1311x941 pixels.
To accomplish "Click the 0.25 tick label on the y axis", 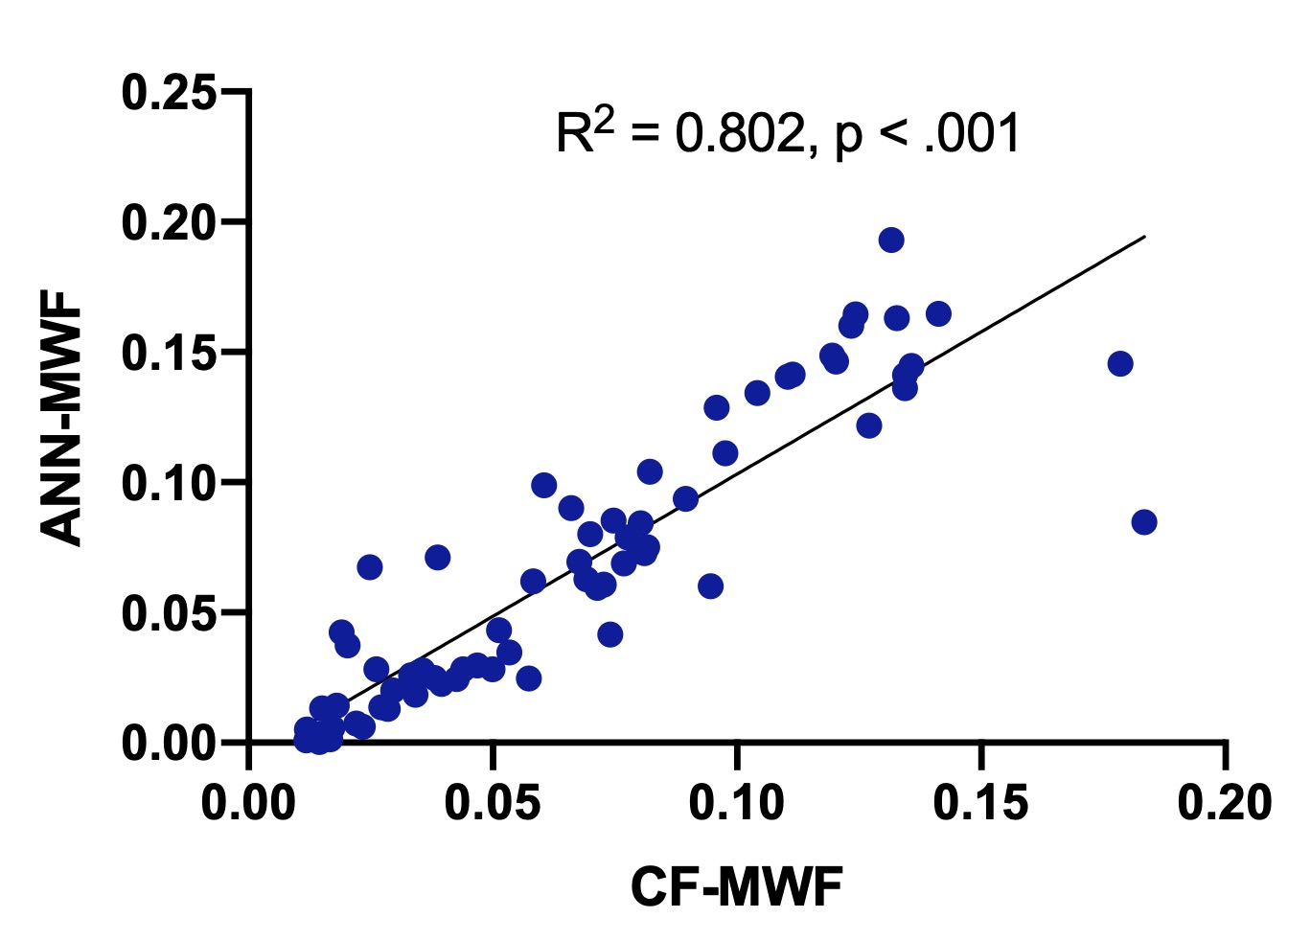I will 169,93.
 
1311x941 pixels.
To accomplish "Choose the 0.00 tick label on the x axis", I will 249,803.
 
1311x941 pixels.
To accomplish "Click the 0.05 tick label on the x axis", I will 493,803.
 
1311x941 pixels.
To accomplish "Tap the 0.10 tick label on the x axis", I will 737,803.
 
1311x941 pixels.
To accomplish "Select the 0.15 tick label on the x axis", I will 980,803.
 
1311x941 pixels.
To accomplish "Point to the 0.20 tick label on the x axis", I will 1225,803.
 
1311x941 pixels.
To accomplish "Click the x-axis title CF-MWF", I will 736,886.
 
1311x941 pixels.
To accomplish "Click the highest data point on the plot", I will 891,240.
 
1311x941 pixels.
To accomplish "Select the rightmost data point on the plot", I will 1143,522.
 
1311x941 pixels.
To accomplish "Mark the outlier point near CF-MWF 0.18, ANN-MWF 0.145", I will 1119,364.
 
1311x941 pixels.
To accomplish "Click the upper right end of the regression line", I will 1144,236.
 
